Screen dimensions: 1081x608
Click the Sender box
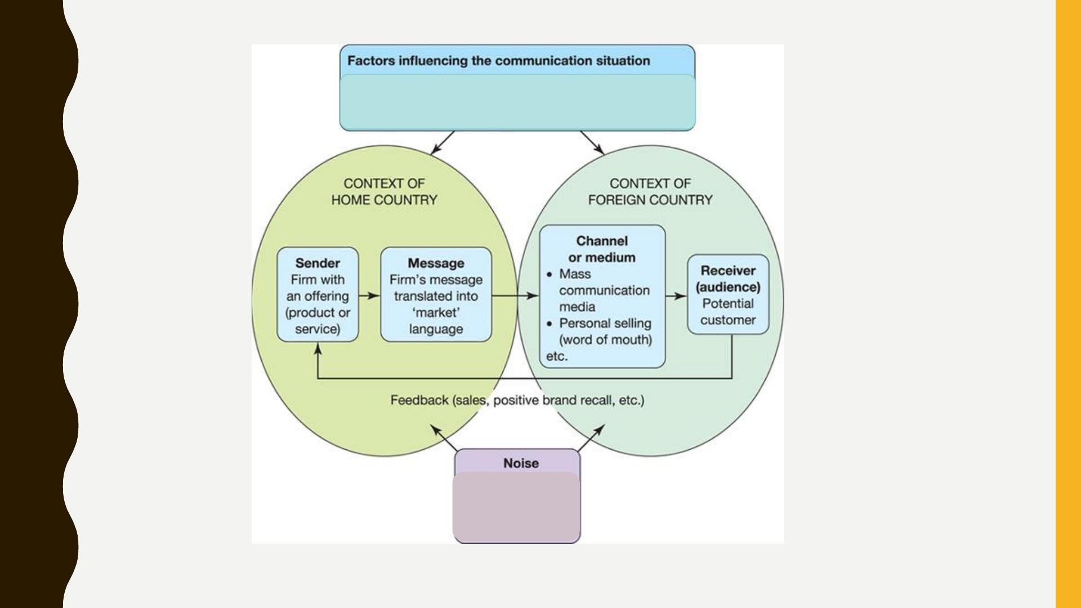coord(318,294)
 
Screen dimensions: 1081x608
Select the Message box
coord(436,294)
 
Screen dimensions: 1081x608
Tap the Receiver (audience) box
coord(728,294)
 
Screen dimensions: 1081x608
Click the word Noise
coord(521,463)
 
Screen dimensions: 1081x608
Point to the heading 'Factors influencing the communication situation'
coord(498,61)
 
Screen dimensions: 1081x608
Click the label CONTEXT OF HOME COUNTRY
coord(384,191)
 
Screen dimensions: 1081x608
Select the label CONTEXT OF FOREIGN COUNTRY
coord(650,191)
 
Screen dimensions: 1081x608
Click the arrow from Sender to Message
coord(369,296)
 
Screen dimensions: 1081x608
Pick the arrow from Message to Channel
coord(515,296)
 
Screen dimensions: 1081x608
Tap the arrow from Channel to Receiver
coord(676,296)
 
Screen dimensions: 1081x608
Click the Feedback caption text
coord(517,400)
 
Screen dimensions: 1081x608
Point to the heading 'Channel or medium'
coord(602,249)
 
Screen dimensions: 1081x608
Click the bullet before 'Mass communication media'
coord(550,275)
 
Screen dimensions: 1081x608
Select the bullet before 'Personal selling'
coord(550,324)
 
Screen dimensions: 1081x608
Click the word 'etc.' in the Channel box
coord(557,356)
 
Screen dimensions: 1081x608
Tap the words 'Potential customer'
coord(728,312)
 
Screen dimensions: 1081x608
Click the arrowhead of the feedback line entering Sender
coord(318,349)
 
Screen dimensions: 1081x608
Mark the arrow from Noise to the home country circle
coord(444,437)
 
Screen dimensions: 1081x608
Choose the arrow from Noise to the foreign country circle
coord(591,437)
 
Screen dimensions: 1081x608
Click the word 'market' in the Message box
coord(436,312)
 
